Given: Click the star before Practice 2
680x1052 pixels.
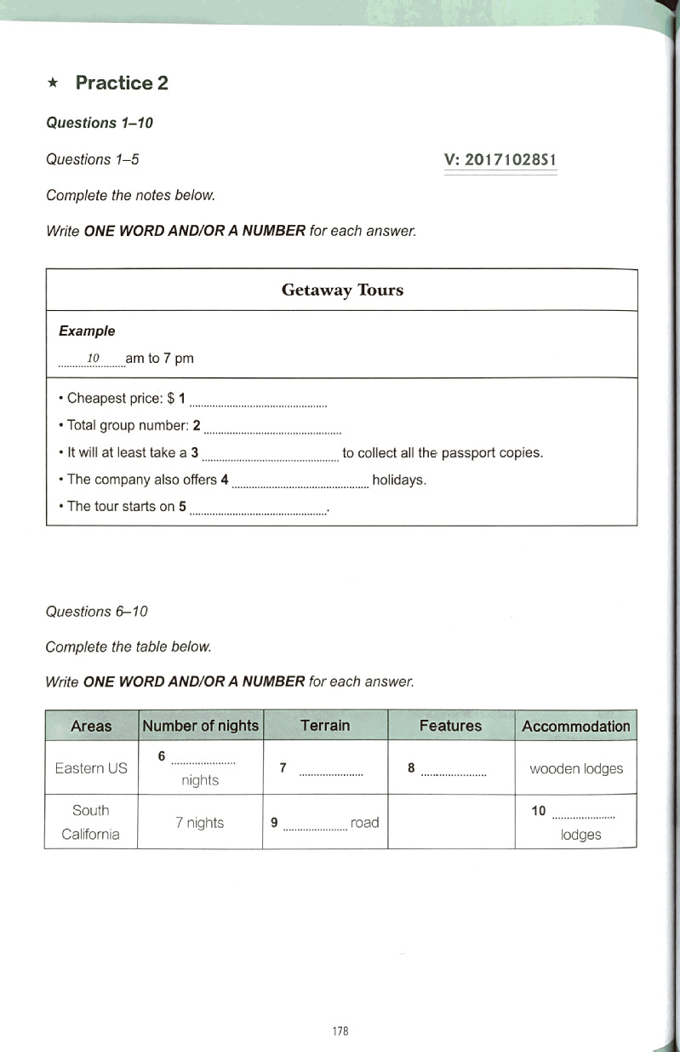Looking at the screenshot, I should pos(54,83).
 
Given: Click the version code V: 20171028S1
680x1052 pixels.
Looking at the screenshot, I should pos(500,160).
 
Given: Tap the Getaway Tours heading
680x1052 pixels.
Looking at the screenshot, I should pos(342,290).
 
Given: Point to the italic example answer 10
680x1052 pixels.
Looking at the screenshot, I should pos(94,357).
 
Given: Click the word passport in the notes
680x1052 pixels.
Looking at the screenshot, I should pos(466,453).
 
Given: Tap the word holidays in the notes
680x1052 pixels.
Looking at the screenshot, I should pos(399,480).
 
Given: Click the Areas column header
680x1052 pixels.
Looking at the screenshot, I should pos(91,727).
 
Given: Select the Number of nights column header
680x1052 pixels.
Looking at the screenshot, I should pos(200,727).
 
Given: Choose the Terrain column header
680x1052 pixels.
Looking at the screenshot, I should pos(325,726).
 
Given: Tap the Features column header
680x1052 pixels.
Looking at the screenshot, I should pos(450,727).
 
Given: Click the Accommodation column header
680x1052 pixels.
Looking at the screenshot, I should pos(575,727).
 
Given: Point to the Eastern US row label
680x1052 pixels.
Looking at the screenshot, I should pos(91,768).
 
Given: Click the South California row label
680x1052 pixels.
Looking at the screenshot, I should pos(91,822).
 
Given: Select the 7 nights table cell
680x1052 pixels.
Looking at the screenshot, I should pos(200,823).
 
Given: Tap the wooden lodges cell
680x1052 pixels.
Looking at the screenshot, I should pos(576,768).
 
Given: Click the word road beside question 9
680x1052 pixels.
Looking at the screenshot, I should pos(364,823).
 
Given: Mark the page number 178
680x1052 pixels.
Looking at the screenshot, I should pos(340,1031).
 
